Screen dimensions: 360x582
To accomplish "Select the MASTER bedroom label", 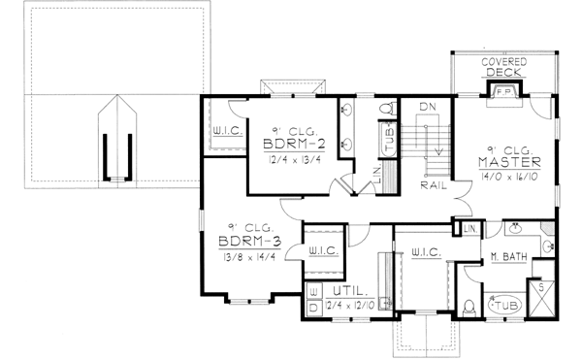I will pyautogui.click(x=509, y=162).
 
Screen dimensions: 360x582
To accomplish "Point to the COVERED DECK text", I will pyautogui.click(x=503, y=68).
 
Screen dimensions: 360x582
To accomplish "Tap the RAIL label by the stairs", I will pyautogui.click(x=433, y=183).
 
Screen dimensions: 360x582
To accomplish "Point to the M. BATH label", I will pyautogui.click(x=507, y=256).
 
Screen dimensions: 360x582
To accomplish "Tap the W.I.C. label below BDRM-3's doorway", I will pyautogui.click(x=323, y=250).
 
